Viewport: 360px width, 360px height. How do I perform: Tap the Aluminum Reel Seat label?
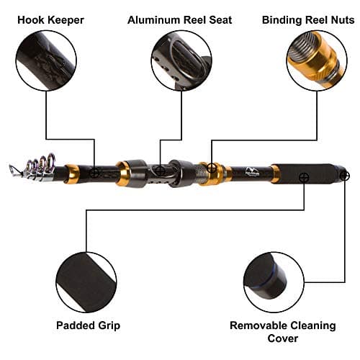180,19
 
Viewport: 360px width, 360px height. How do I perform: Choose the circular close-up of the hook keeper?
46,60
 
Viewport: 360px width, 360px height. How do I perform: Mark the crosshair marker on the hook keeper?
94,172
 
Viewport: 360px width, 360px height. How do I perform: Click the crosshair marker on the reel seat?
160,171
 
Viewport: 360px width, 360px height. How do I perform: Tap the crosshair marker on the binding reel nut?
212,168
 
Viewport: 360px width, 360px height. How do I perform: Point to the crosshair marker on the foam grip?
304,176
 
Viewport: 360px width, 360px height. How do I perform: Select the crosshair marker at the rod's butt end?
344,175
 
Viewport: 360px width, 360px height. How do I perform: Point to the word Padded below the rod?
74,325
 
